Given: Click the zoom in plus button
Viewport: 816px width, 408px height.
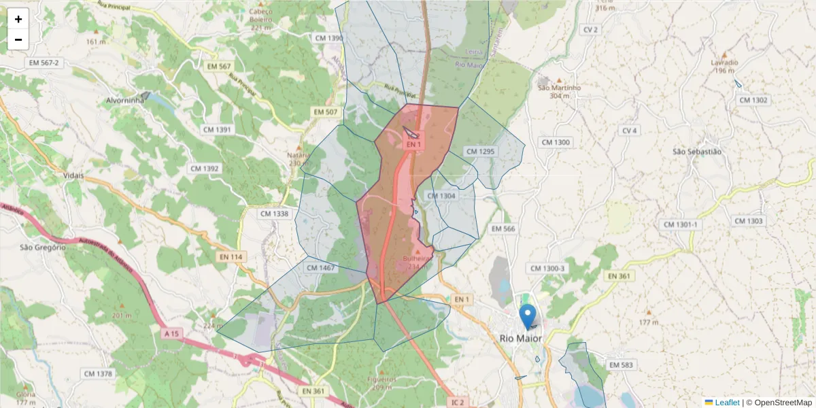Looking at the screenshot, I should (18, 19).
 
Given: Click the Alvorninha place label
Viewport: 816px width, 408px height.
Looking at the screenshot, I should (126, 100).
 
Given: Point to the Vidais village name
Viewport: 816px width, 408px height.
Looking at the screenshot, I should (73, 175).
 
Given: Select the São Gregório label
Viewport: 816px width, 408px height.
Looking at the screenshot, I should (41, 248).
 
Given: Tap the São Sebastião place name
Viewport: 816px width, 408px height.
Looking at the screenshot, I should (696, 152).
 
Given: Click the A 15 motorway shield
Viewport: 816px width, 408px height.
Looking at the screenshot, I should (173, 334).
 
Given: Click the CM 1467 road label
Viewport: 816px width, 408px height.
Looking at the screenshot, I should (321, 268).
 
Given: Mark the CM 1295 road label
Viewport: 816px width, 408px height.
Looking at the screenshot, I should (480, 151).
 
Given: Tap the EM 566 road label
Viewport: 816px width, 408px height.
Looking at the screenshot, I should (503, 229).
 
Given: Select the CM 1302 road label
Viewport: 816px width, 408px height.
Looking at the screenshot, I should (753, 100).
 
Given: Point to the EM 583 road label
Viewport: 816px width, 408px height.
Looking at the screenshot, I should (621, 365).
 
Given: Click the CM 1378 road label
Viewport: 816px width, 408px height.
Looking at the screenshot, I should (98, 374).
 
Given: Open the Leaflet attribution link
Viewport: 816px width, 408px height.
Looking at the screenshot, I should (726, 403).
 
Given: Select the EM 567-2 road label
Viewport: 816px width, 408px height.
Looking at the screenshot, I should (44, 63).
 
